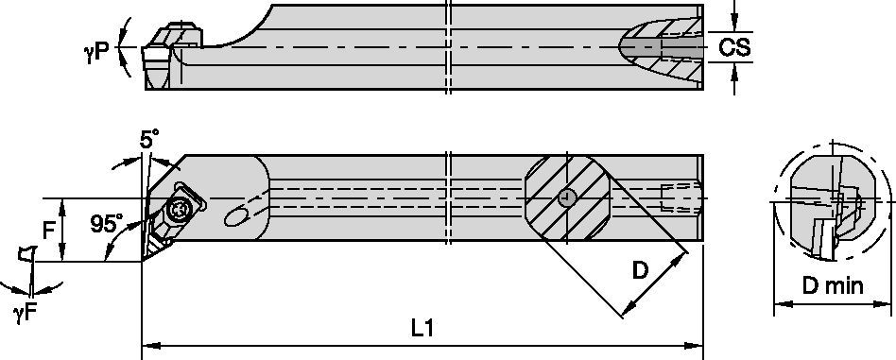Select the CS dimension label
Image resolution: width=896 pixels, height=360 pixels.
734,47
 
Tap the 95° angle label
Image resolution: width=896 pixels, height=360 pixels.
107,224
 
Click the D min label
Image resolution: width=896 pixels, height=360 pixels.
833,285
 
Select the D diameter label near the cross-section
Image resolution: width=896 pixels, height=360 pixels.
640,272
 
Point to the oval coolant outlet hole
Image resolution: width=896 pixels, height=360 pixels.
233,219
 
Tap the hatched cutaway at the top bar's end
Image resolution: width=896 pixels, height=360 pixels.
662,47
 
